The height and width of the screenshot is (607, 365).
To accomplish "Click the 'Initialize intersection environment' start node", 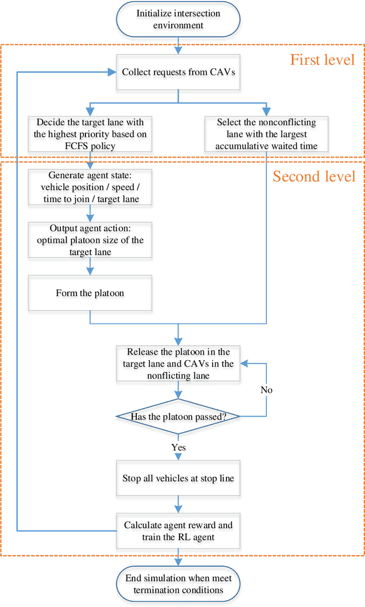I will (178, 20).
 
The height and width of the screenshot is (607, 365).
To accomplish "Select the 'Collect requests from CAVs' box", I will (178, 72).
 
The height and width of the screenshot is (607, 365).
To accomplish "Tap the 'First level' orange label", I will (322, 60).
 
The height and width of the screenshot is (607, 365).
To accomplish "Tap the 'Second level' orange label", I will (314, 176).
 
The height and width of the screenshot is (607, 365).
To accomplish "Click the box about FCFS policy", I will (90, 134).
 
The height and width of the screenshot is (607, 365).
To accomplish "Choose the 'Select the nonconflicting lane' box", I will (266, 134).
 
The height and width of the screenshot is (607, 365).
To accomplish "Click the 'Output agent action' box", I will (90, 240).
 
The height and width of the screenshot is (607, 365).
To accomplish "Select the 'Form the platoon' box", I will (90, 293).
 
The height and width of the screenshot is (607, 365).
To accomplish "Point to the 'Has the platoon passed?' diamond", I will (178, 417).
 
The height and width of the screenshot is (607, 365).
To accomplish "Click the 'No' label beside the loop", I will (266, 390).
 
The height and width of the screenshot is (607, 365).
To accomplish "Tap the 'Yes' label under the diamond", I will (179, 447).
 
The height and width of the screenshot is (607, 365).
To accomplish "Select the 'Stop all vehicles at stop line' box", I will (178, 478).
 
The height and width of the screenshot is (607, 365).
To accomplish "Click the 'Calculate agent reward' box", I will (178, 529).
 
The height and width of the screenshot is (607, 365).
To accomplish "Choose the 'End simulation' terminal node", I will (178, 584).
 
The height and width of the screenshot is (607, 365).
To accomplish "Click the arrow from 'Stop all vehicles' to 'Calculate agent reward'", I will (178, 504).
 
